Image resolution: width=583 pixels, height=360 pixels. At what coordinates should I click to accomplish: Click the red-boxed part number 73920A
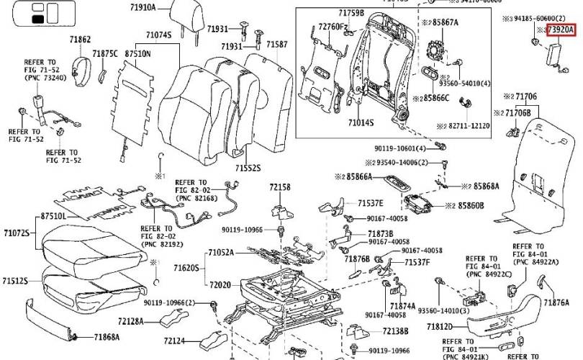(x=561, y=30)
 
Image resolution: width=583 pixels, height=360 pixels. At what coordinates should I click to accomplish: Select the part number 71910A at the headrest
(x=143, y=8)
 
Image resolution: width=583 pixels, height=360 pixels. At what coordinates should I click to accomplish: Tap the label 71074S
(x=158, y=35)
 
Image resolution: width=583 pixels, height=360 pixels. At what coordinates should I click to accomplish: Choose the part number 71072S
(x=16, y=233)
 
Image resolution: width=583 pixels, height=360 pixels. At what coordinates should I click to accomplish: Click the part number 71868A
(x=107, y=336)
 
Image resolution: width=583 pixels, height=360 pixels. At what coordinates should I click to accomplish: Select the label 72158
(x=280, y=186)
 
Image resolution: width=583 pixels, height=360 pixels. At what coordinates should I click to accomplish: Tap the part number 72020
(x=220, y=285)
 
